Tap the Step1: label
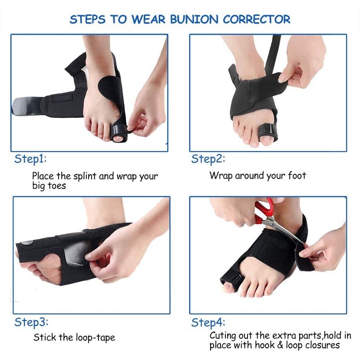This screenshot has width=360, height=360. click(31, 159)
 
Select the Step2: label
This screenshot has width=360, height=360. click(208, 159)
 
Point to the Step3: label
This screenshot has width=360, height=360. click(31, 322)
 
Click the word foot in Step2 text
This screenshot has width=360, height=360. click(296, 175)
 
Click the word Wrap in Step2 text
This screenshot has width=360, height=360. click(220, 175)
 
